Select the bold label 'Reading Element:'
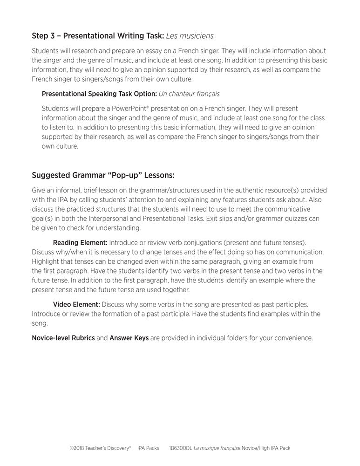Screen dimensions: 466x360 (x=80, y=242)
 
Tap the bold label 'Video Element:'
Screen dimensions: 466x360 (x=76, y=304)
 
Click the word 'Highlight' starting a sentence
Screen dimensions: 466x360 (x=46, y=261)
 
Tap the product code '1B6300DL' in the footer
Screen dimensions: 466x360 (x=182, y=448)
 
